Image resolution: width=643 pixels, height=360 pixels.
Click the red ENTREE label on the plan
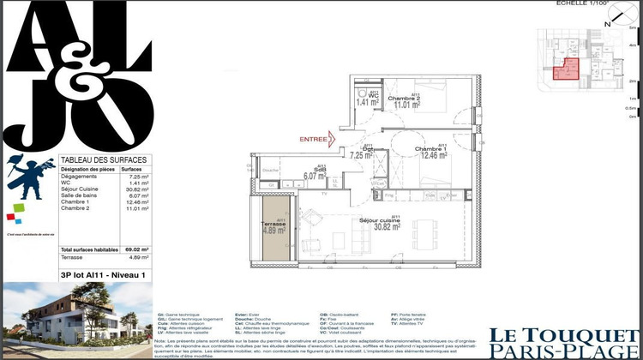click(313, 138)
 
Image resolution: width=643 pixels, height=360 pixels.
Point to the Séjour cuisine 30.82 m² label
click(394, 226)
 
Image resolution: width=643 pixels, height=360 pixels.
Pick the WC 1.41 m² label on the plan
click(367, 99)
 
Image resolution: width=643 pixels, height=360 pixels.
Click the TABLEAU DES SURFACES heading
click(104, 160)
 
